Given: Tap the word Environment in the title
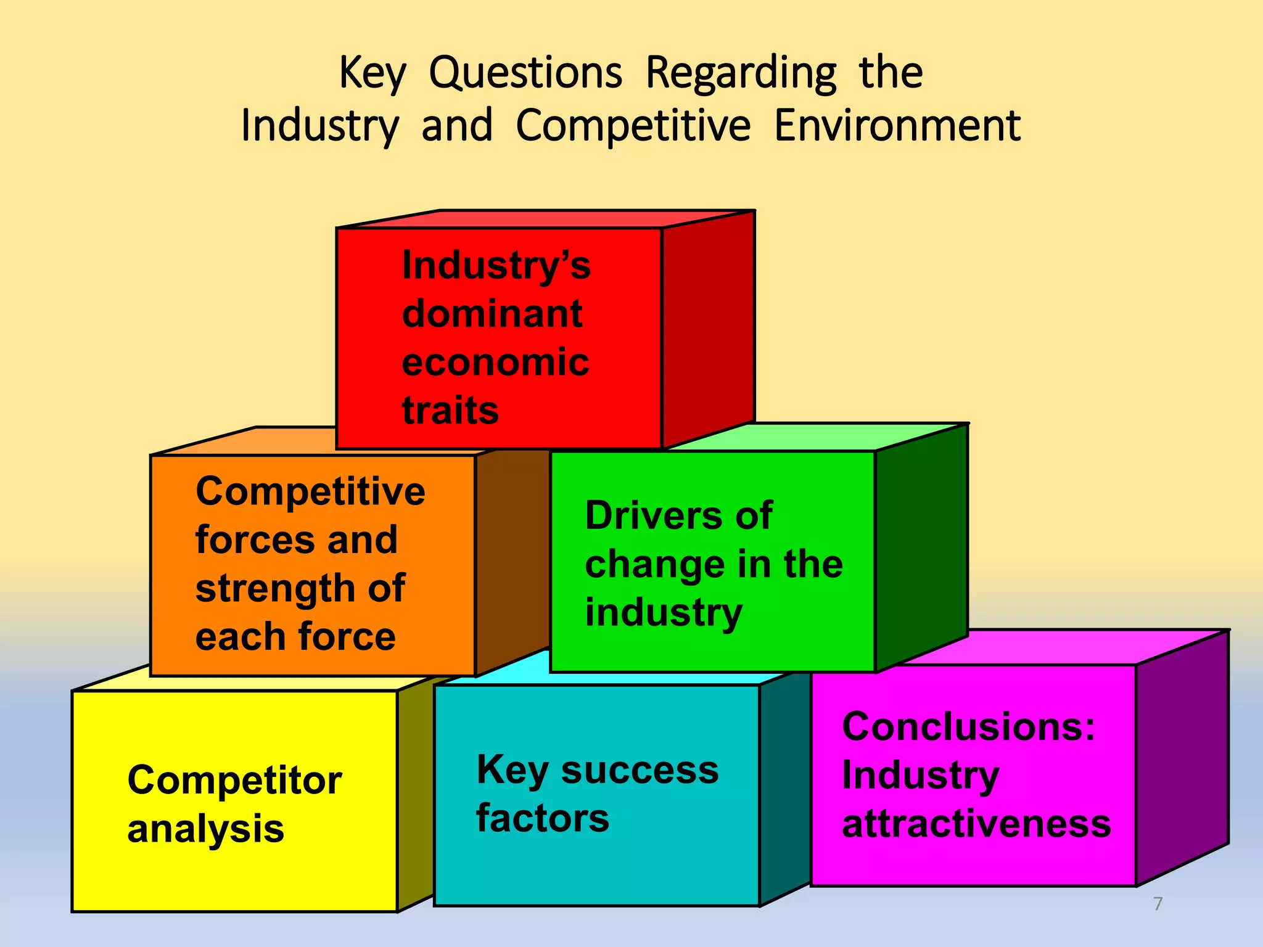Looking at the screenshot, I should [897, 126].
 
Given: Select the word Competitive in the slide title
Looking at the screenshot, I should [633, 126].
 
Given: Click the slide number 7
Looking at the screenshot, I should [1158, 904].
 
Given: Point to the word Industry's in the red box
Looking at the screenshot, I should [496, 266].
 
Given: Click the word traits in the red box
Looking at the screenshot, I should [450, 411].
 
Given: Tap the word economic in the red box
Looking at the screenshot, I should [495, 363].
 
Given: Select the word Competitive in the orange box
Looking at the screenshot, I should [310, 492].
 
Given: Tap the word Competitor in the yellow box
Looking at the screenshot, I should [234, 781].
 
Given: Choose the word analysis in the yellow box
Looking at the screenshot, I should [205, 829].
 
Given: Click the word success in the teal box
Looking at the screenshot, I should [640, 771].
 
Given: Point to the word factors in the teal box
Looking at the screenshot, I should [543, 819].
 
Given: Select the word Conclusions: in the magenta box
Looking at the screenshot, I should [968, 727].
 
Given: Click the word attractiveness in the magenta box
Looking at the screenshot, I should [976, 824].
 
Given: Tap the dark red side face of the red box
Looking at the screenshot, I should [708, 327].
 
